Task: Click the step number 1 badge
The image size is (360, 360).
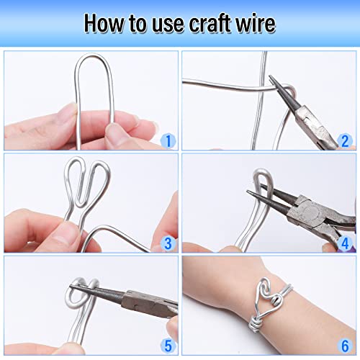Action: tap(168, 140)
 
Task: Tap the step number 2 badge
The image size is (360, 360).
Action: tap(343, 140)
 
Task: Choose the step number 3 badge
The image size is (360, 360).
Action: tap(168, 243)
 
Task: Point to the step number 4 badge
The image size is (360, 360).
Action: tap(343, 243)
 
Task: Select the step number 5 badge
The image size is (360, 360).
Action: tap(168, 346)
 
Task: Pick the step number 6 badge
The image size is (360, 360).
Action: tap(343, 346)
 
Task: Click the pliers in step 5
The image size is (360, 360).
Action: tap(137, 299)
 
